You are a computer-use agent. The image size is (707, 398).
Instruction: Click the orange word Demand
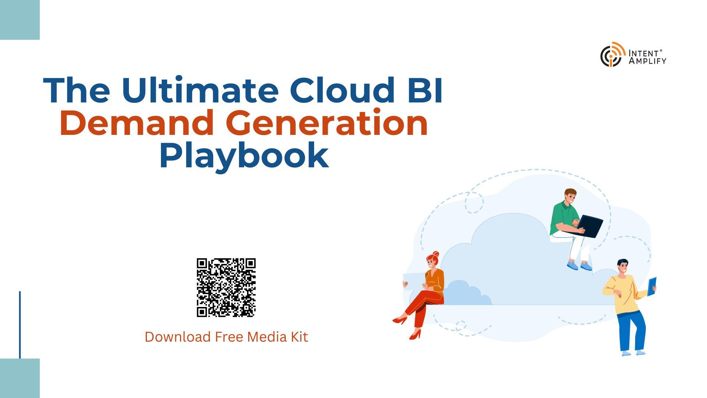click(x=137, y=123)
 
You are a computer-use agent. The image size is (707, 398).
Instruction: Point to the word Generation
click(x=328, y=123)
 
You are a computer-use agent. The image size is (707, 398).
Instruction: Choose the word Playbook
click(x=244, y=156)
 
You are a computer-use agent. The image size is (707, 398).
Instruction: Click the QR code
click(x=226, y=287)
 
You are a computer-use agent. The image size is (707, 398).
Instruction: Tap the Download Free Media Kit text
click(x=226, y=337)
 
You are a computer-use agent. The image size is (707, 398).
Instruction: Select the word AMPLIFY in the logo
click(x=647, y=61)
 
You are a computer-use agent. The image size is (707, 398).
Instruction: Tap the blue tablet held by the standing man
click(x=652, y=287)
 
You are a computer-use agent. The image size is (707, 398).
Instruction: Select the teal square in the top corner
click(x=20, y=20)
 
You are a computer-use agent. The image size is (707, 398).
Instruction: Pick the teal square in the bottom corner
click(x=20, y=378)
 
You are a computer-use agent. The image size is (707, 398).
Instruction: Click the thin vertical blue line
click(x=20, y=325)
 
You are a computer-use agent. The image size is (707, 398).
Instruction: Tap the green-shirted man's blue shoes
click(x=579, y=265)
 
